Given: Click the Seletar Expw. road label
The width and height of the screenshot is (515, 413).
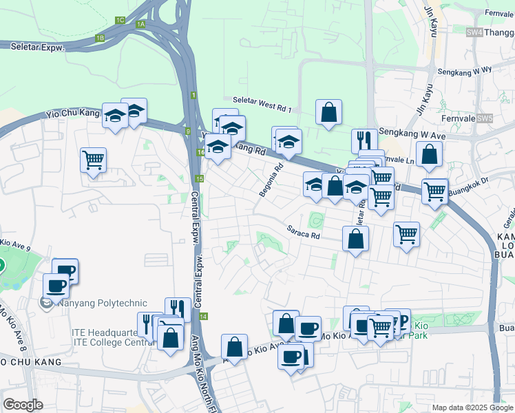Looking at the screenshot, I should [37, 47].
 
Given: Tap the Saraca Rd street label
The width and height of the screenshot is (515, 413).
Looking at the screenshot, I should [304, 233].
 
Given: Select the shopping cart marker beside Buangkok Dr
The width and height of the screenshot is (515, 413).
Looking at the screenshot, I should [434, 191].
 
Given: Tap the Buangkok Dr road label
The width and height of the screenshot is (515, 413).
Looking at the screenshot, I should [468, 184].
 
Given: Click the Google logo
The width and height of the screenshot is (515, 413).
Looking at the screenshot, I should [23, 405].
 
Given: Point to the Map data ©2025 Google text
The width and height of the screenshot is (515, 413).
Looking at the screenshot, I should [472, 407].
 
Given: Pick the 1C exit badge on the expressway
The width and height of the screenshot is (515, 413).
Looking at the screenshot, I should [120, 20].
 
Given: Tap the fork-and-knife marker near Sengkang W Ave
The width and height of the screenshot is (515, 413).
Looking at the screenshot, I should [364, 140].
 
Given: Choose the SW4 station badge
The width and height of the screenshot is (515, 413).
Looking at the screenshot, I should [474, 32].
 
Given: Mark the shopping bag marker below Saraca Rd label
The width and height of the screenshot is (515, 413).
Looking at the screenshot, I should [355, 239].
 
